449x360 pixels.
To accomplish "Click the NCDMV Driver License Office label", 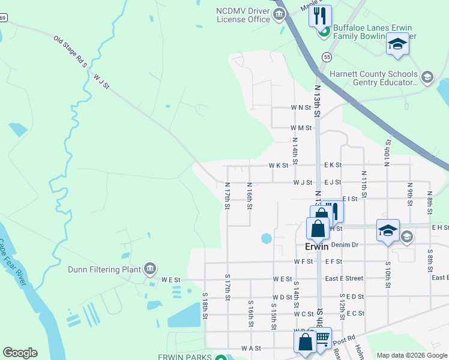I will [x=243, y=14].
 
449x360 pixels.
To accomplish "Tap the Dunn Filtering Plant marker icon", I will [x=150, y=268].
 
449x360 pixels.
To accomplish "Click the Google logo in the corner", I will [x=20, y=353].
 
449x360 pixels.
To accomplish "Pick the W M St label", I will [x=301, y=128].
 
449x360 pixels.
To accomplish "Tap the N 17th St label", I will [x=228, y=196].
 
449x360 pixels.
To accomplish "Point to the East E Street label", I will [x=344, y=278].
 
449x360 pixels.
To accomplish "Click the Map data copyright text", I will [x=411, y=355].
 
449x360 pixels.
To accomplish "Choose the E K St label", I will [x=333, y=165].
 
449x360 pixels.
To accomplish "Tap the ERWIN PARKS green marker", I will [x=220, y=358].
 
